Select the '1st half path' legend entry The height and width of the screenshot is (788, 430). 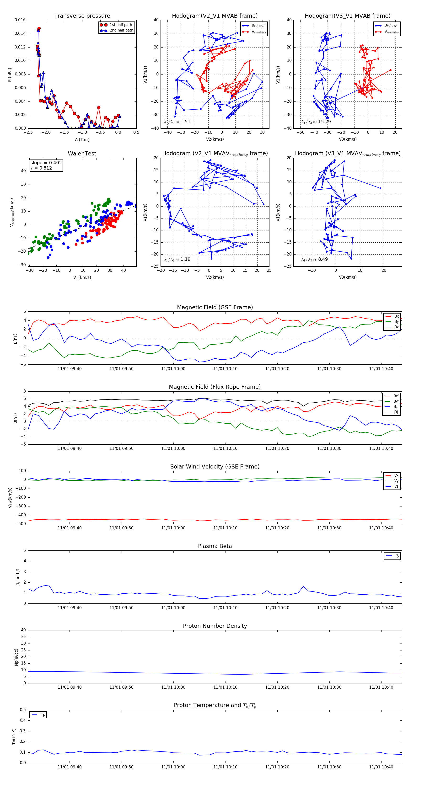tap(121, 25)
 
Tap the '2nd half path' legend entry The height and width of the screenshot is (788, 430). tap(121, 30)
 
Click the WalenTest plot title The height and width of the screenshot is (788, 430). tap(82, 154)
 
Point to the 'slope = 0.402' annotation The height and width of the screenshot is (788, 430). tap(46, 163)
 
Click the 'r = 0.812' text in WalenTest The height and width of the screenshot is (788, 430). tap(41, 168)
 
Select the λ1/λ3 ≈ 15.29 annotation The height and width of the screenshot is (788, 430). tap(316, 122)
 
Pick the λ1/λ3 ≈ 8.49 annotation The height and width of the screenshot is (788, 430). tap(314, 259)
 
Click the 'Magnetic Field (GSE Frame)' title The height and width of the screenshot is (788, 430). tap(215, 307)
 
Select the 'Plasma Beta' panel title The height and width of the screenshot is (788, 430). tap(215, 546)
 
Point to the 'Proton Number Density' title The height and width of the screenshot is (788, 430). tap(215, 626)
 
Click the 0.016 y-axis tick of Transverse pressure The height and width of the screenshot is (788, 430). tap(20, 20)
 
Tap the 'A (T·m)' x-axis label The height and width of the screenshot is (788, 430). tap(82, 140)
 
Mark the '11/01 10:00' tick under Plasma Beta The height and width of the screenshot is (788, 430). tap(173, 608)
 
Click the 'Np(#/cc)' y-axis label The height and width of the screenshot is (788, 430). tap(16, 657)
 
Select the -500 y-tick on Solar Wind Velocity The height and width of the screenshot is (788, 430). tap(21, 524)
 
